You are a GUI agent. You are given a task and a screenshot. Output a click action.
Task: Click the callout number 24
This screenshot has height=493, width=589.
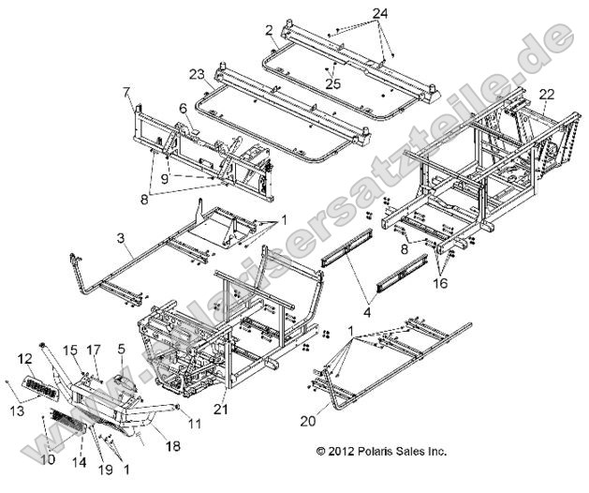pos(378,13)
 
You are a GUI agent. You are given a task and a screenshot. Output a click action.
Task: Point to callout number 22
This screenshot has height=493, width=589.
pos(547,93)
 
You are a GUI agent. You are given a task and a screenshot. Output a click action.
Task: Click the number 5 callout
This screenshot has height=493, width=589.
pos(121,349)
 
